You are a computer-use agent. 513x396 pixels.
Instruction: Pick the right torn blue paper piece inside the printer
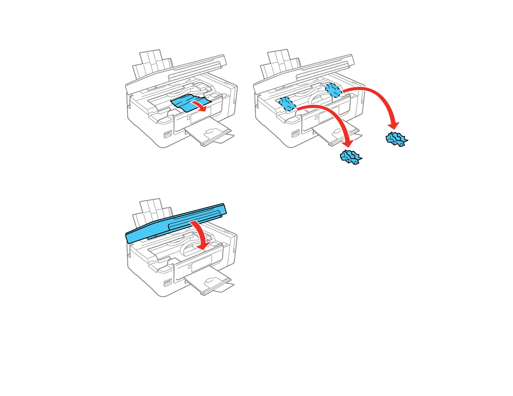coord(333,90)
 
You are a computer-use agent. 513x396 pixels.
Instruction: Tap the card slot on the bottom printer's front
coord(168,283)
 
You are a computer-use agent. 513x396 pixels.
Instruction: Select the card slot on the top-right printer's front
coord(296,134)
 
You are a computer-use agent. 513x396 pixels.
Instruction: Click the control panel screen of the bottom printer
coord(201,263)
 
